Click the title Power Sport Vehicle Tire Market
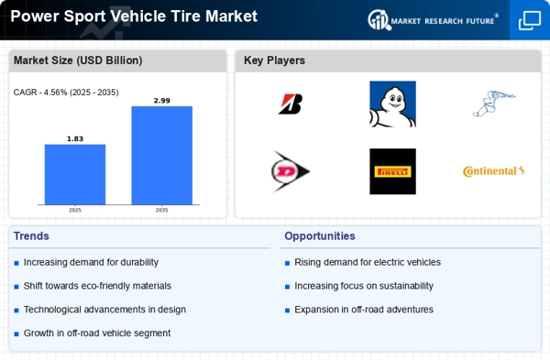[x=134, y=16]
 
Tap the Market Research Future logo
[x=433, y=19]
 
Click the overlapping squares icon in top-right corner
[x=529, y=20]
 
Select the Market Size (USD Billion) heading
[x=78, y=60]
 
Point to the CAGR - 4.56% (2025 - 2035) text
[x=66, y=92]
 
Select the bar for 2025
[x=75, y=174]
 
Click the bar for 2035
[x=161, y=155]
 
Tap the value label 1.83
[x=75, y=138]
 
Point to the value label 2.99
[x=161, y=100]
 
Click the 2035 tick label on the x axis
[x=161, y=210]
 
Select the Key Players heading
[x=274, y=60]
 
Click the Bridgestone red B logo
[x=291, y=104]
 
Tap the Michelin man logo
[x=392, y=104]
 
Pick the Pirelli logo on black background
[x=392, y=171]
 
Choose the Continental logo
[x=493, y=171]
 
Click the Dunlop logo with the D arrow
[x=291, y=171]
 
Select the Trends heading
[x=32, y=235]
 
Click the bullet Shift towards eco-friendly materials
[x=98, y=286]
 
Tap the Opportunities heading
[x=320, y=235]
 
